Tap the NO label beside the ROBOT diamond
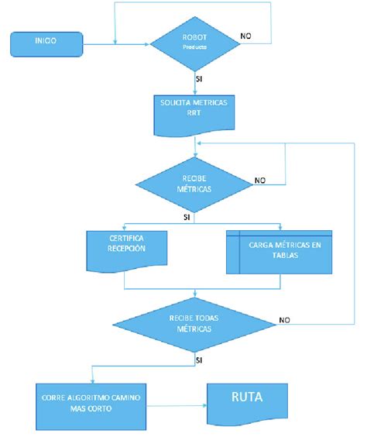tap(246, 36)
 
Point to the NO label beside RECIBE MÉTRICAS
tap(261, 181)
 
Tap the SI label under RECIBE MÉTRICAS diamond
tap(187, 218)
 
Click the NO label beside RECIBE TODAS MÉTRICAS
tap(284, 319)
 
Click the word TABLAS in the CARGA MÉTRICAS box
tap(279, 261)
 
